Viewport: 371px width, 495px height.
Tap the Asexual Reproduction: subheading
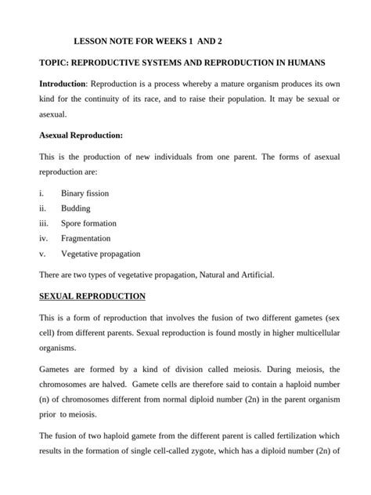coord(81,135)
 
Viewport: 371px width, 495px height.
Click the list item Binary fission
coord(85,193)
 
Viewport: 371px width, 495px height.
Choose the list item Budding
coord(75,208)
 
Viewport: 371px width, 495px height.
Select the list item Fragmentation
coord(86,238)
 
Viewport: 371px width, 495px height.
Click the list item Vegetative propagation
coord(101,254)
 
